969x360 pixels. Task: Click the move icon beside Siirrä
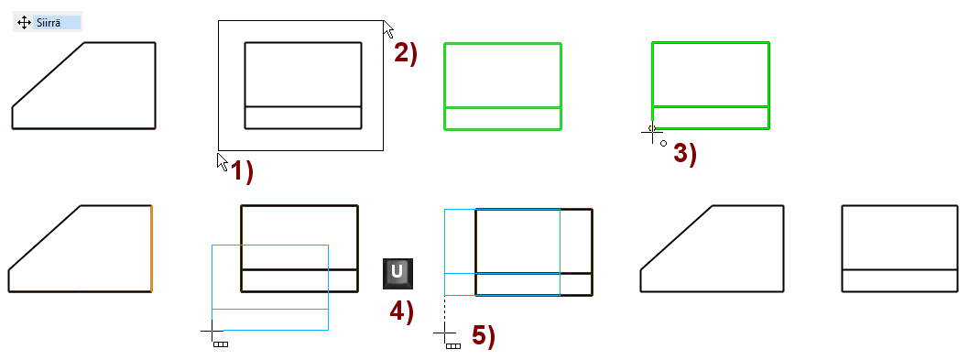pos(24,23)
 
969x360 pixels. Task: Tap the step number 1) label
pos(242,170)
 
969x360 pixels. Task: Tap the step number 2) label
pos(406,53)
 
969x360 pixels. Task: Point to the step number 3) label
pos(685,153)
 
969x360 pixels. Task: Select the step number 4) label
pos(402,311)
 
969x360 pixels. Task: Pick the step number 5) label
pos(484,335)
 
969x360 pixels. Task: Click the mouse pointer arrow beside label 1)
pos(223,161)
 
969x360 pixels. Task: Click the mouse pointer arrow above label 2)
pos(388,28)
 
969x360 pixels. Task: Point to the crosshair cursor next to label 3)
pos(652,132)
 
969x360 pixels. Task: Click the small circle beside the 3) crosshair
pos(664,144)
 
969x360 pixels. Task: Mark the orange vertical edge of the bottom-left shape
pos(151,248)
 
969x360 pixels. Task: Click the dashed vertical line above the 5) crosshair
pos(445,310)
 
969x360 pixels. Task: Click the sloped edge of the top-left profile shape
pos(49,75)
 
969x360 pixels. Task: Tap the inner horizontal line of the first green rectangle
pos(503,107)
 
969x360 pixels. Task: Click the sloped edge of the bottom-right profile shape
pos(677,237)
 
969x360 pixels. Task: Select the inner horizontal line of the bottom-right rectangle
pos(899,269)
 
